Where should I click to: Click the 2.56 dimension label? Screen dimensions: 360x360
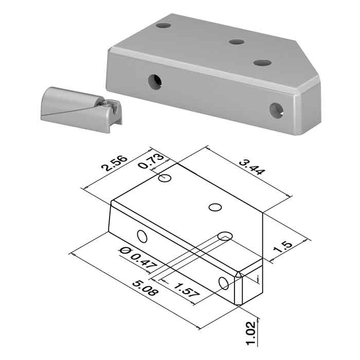pos(114,164)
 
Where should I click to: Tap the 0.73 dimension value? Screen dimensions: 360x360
pos(151,161)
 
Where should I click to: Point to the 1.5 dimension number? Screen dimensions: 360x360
pos(282,247)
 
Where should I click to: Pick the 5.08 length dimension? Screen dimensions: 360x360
pos(145,288)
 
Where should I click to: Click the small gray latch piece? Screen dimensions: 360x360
pos(81,109)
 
